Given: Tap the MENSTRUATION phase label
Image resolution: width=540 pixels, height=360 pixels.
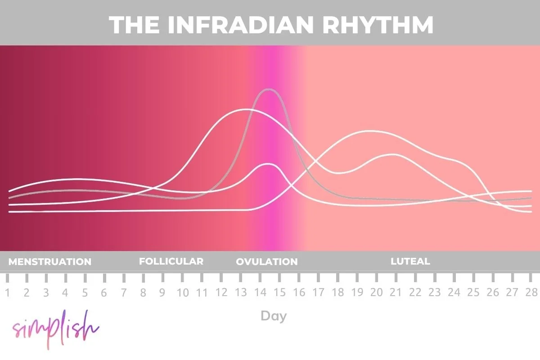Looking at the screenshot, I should (x=50, y=261).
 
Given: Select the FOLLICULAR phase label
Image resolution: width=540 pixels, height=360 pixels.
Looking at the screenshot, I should (x=171, y=261).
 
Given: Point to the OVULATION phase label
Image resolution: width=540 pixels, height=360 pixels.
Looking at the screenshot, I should (x=267, y=261).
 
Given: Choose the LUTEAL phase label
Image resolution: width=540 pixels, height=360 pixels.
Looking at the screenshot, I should (x=410, y=261).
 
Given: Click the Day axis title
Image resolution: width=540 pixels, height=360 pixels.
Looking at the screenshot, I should (x=274, y=316).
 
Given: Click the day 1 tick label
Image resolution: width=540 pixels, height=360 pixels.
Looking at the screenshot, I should (x=7, y=293).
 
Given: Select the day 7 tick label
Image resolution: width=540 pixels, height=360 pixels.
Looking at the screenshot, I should (x=124, y=293).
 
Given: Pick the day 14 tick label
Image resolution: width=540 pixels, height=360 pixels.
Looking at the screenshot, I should (x=260, y=293).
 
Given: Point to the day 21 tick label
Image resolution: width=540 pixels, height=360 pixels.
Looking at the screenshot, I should (x=396, y=293).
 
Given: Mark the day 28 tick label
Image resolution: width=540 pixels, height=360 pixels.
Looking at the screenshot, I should (x=531, y=293).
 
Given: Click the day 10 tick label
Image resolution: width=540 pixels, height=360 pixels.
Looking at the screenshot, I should (x=182, y=293).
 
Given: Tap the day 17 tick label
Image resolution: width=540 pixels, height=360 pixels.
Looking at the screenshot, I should (x=318, y=293).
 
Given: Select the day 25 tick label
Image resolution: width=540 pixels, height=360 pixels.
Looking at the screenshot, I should (x=473, y=293).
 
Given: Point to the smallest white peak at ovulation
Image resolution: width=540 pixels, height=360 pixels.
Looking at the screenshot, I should (x=269, y=164).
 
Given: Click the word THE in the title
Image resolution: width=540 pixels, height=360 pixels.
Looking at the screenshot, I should (x=135, y=25).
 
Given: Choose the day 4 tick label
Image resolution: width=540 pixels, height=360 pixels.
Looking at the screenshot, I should (x=65, y=293).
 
